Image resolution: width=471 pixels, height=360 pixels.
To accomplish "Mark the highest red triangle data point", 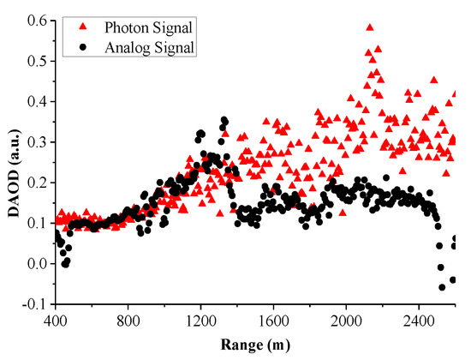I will (x=369, y=27).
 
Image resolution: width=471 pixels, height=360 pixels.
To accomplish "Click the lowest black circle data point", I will (x=443, y=287).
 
